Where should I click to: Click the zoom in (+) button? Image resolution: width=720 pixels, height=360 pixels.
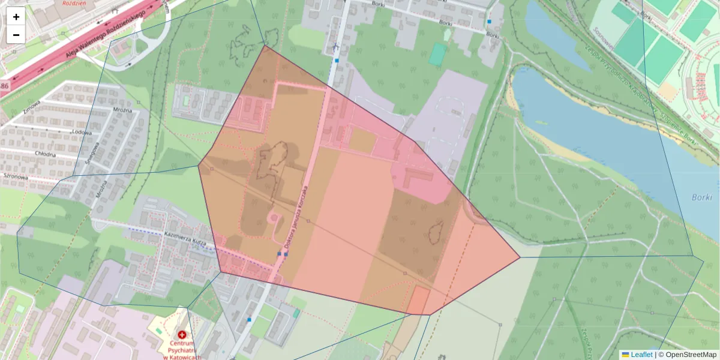pyautogui.click(x=16, y=17)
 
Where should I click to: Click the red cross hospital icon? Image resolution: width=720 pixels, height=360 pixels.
pyautogui.click(x=182, y=334)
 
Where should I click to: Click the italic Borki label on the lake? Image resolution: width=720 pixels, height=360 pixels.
pyautogui.click(x=701, y=197)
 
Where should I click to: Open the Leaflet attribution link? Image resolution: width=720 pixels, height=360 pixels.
pyautogui.click(x=641, y=355)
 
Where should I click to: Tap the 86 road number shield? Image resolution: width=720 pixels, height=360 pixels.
pyautogui.click(x=4, y=87)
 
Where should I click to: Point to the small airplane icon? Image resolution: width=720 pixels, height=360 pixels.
pyautogui.click(x=335, y=46)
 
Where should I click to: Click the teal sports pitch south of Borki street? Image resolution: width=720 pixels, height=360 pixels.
pyautogui.click(x=438, y=54)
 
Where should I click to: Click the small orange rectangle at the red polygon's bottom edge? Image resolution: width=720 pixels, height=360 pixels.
pyautogui.click(x=418, y=300)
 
